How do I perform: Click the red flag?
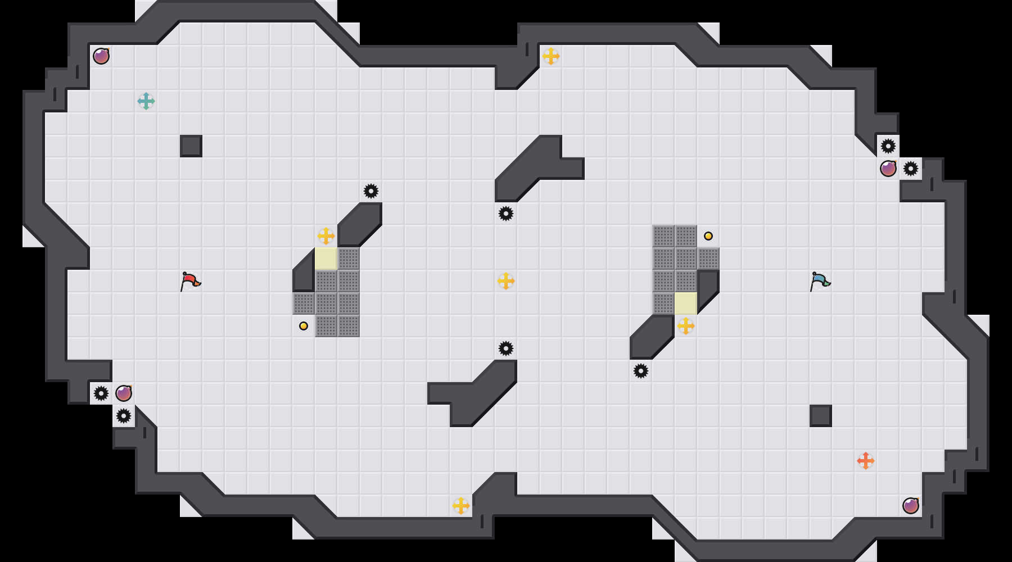tap(190, 281)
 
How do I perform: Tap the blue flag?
tap(820, 281)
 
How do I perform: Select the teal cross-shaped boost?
tap(146, 101)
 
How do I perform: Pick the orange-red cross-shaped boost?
tap(866, 461)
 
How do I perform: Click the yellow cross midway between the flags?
tap(506, 281)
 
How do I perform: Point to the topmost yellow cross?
tap(551, 56)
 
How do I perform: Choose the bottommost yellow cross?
tap(461, 506)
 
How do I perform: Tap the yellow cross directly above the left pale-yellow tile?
tap(326, 236)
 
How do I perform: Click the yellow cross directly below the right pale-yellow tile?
tap(686, 326)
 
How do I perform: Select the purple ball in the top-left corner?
tap(101, 56)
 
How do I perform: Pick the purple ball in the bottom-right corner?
tap(911, 506)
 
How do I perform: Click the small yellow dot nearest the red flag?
tap(304, 326)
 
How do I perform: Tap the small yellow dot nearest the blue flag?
tap(708, 236)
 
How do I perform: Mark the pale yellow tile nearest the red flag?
tap(326, 259)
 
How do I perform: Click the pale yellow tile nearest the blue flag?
tap(686, 303)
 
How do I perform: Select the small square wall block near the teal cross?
tap(191, 146)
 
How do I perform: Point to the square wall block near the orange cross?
tap(821, 416)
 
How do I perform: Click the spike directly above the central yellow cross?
tap(506, 214)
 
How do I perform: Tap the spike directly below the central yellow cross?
tap(506, 348)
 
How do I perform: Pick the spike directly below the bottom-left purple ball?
tap(124, 416)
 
